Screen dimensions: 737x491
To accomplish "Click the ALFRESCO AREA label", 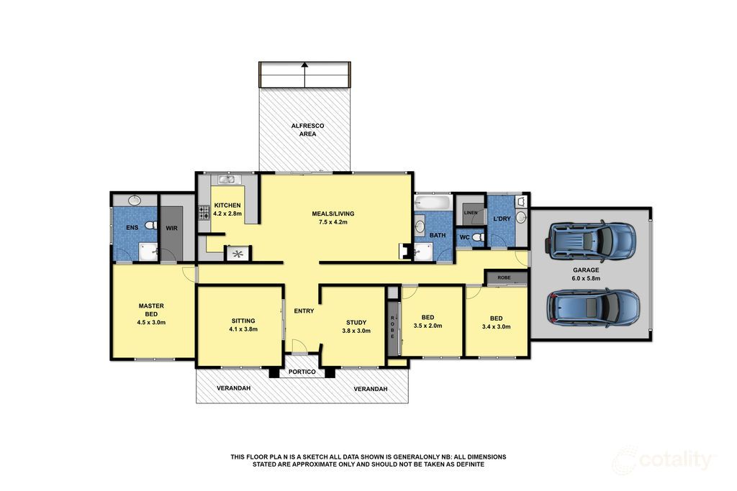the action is tap(307, 129).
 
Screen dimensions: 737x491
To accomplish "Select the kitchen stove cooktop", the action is tap(204, 213).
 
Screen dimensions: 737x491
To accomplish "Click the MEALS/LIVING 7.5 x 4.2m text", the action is tap(333, 218).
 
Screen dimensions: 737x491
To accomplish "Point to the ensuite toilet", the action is tap(150, 225).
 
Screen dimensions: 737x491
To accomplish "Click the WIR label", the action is tap(171, 228).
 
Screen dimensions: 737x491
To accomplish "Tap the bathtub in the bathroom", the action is tap(433, 203).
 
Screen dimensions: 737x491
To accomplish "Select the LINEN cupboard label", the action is tap(471, 213).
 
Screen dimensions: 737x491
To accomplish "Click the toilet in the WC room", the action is tap(479, 237).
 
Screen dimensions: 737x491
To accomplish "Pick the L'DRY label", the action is tap(502, 219).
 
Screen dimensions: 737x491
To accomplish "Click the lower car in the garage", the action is tap(592, 308).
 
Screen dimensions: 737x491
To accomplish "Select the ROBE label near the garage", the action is tap(504, 278).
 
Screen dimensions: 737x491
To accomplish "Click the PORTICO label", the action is tap(302, 372).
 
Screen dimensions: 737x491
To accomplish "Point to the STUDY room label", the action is tap(356, 323).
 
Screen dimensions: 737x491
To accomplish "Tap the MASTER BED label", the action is tap(151, 310).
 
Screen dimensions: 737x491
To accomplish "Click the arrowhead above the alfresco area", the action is tap(304, 65).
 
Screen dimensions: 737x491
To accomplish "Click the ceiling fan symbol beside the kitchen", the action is tap(238, 254).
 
